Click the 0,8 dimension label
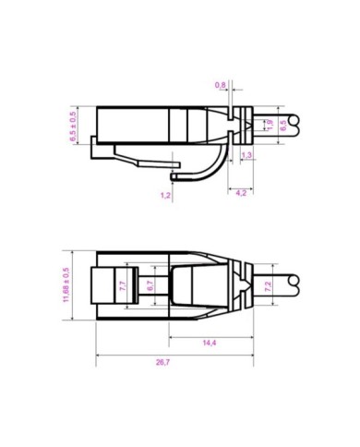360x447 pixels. pyautogui.click(x=221, y=85)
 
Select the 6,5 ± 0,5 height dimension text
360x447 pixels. pyautogui.click(x=73, y=126)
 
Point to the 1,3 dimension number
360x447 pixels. pyautogui.click(x=246, y=154)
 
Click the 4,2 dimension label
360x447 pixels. pyautogui.click(x=240, y=193)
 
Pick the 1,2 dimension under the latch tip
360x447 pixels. pyautogui.click(x=165, y=195)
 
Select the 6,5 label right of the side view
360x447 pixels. pyautogui.click(x=283, y=125)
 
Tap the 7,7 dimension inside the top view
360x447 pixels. pyautogui.click(x=123, y=285)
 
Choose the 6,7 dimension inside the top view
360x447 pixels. pyautogui.click(x=150, y=286)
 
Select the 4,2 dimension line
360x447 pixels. pyautogui.click(x=238, y=186)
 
